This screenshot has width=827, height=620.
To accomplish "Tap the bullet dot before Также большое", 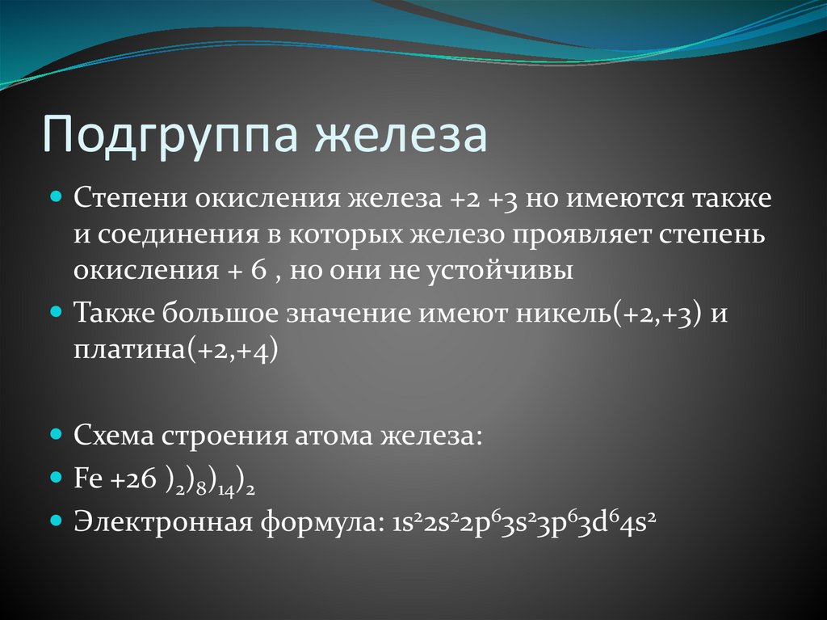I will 57,311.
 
